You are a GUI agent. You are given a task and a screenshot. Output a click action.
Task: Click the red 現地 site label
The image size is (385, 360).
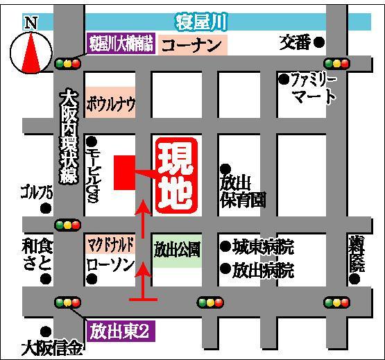(176, 175)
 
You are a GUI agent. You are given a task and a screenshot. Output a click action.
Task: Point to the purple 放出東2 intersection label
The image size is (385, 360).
(119, 327)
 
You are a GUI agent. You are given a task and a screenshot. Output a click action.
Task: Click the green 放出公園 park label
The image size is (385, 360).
(178, 248)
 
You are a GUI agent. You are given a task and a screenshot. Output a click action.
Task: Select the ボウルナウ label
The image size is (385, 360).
(110, 106)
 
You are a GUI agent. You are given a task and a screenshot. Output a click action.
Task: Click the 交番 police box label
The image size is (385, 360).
(296, 42)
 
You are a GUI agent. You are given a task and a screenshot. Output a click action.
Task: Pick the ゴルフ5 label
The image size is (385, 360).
(36, 191)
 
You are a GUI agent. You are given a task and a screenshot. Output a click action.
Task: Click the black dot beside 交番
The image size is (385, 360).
(319, 42)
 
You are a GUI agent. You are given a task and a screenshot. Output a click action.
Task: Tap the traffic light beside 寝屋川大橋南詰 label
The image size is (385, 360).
(67, 62)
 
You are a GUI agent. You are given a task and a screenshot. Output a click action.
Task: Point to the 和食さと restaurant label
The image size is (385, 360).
(36, 255)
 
